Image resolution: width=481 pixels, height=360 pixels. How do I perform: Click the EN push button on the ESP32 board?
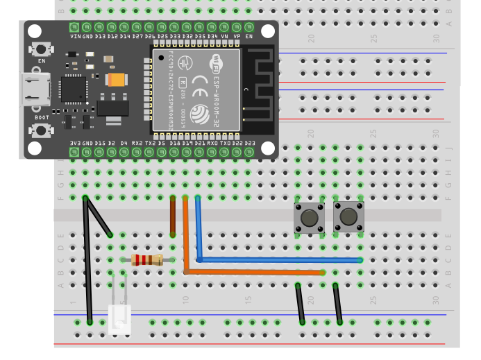click(42, 50)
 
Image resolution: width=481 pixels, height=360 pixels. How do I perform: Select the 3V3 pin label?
click(75, 143)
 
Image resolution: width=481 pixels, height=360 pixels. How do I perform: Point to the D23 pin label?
click(248, 143)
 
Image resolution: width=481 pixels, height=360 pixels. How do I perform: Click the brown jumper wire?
click(173, 216)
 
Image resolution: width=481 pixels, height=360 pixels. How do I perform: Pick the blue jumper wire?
click(278, 260)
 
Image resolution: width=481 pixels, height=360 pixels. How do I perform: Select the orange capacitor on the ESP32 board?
click(116, 80)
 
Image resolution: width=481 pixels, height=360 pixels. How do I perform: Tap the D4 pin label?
click(124, 143)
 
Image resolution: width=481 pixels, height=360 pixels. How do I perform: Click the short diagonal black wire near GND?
click(98, 216)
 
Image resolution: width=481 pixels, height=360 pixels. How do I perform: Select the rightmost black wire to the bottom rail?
click(337, 303)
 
